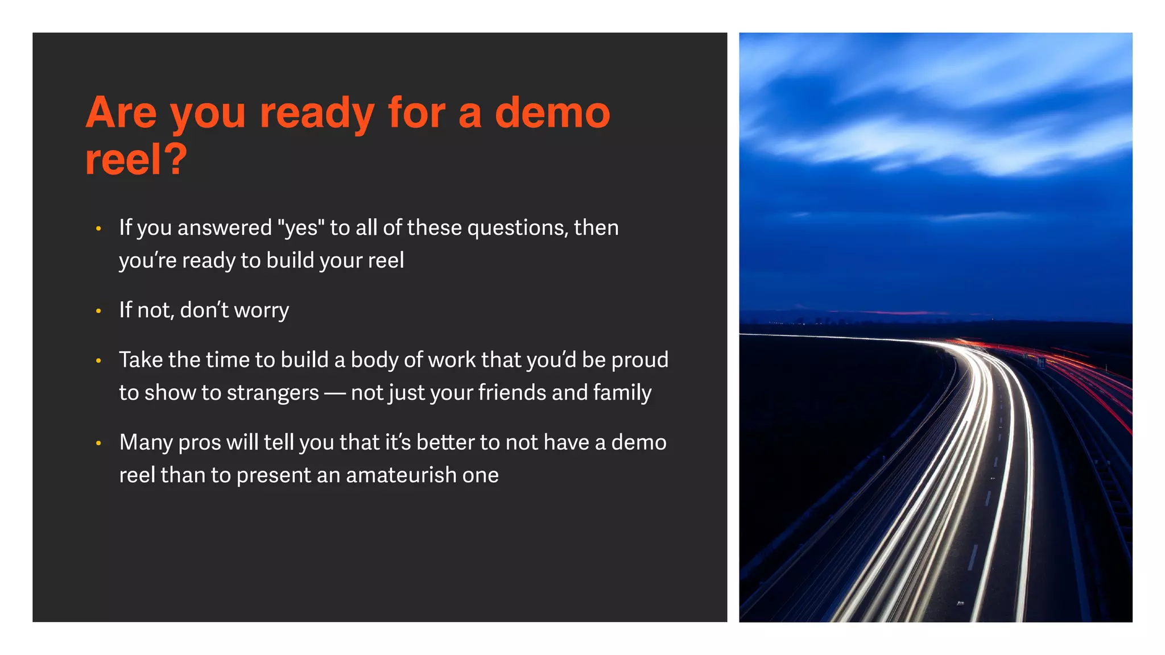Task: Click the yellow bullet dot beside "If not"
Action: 98,311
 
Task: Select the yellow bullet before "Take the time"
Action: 98,360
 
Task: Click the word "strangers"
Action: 273,393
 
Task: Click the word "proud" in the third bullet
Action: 639,360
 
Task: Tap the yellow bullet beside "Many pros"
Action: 98,443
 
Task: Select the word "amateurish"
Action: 401,475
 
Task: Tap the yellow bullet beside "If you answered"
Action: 98,229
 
